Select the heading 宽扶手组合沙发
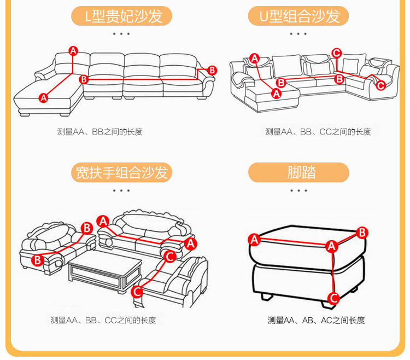(121, 173)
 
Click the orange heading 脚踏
(298, 173)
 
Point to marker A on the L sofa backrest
(73, 51)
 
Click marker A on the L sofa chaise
(43, 98)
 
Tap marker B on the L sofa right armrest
(212, 70)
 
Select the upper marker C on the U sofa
(336, 53)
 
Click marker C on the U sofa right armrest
(380, 85)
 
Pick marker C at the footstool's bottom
(333, 298)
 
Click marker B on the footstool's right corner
(361, 233)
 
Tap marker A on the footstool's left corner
(254, 239)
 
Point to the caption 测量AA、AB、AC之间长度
(315, 320)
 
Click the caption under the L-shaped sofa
(99, 132)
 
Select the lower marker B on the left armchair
(37, 260)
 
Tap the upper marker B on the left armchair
(86, 228)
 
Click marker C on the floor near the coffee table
(137, 291)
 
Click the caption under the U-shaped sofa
(318, 132)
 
